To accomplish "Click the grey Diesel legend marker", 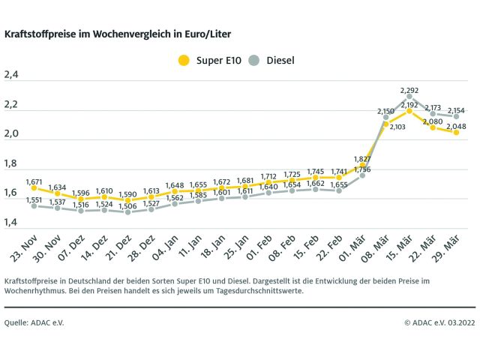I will pyautogui.click(x=253, y=59).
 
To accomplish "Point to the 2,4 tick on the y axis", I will pyautogui.click(x=11, y=75).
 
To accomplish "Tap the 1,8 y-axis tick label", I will pyautogui.click(x=11, y=163).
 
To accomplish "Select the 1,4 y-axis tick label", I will pyautogui.click(x=11, y=223).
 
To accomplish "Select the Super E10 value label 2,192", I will pyautogui.click(x=409, y=105).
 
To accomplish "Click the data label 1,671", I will pyautogui.click(x=34, y=182).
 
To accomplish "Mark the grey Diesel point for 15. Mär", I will pyautogui.click(x=409, y=96).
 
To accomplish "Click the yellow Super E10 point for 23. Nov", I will pyautogui.click(x=34, y=188).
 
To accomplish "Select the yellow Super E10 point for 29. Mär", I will pyautogui.click(x=456, y=132).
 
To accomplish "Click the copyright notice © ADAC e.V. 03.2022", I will pyautogui.click(x=439, y=322).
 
